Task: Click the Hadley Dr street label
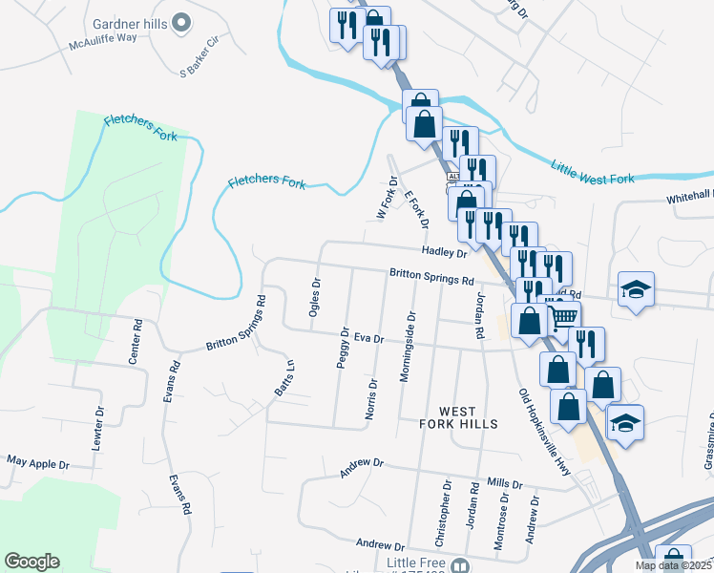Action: (x=444, y=252)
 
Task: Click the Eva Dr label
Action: (x=368, y=338)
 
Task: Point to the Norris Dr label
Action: (x=373, y=395)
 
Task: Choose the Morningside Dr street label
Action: (x=409, y=346)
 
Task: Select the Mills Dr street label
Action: (x=504, y=484)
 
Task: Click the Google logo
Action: (x=31, y=562)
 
